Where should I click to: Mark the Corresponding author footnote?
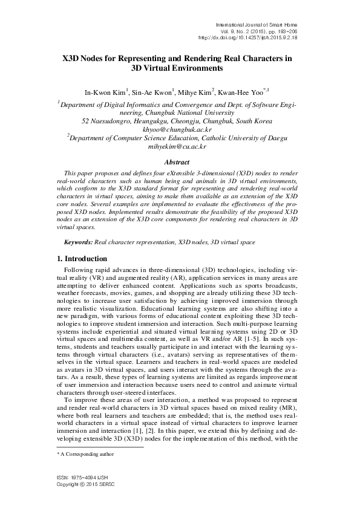(82, 469)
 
